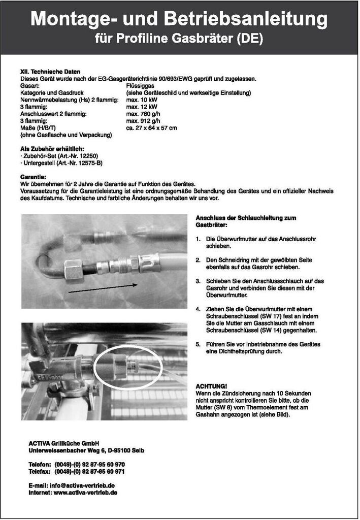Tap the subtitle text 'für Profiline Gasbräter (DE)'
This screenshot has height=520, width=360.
coord(179,39)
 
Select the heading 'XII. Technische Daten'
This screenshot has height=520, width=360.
coord(50,72)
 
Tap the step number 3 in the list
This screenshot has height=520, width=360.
coord(198,281)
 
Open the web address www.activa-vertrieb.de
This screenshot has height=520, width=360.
coord(85,493)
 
